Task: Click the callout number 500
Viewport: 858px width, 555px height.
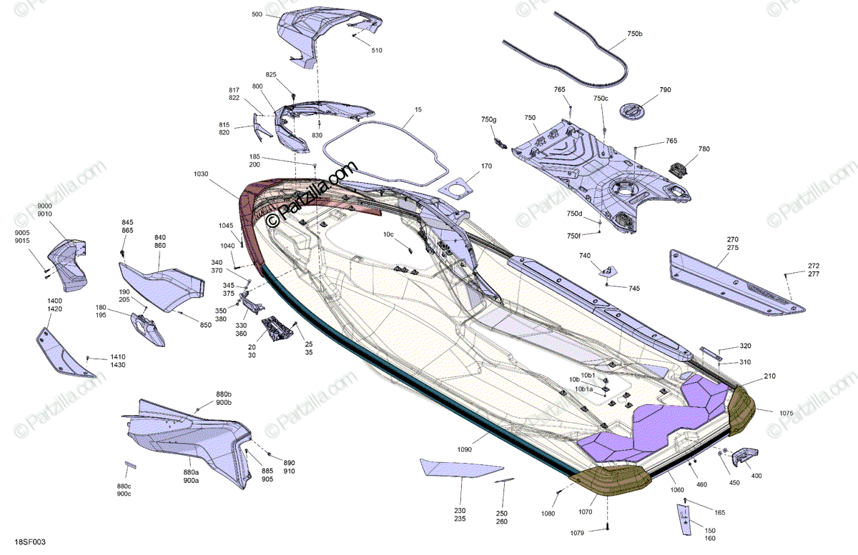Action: point(257,14)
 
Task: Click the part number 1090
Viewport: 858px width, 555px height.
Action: point(465,449)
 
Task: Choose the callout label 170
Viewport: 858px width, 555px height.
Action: point(486,166)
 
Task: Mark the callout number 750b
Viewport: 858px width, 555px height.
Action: point(635,34)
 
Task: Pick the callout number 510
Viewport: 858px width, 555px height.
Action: point(377,50)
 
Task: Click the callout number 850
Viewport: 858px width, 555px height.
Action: point(206,325)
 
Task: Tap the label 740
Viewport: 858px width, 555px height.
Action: point(585,255)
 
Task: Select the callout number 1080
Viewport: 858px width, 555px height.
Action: point(548,513)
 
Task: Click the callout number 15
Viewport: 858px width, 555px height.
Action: point(418,110)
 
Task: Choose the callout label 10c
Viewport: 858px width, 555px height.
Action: point(388,234)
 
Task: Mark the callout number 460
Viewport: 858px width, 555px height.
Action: point(701,485)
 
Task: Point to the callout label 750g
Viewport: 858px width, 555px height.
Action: point(488,119)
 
